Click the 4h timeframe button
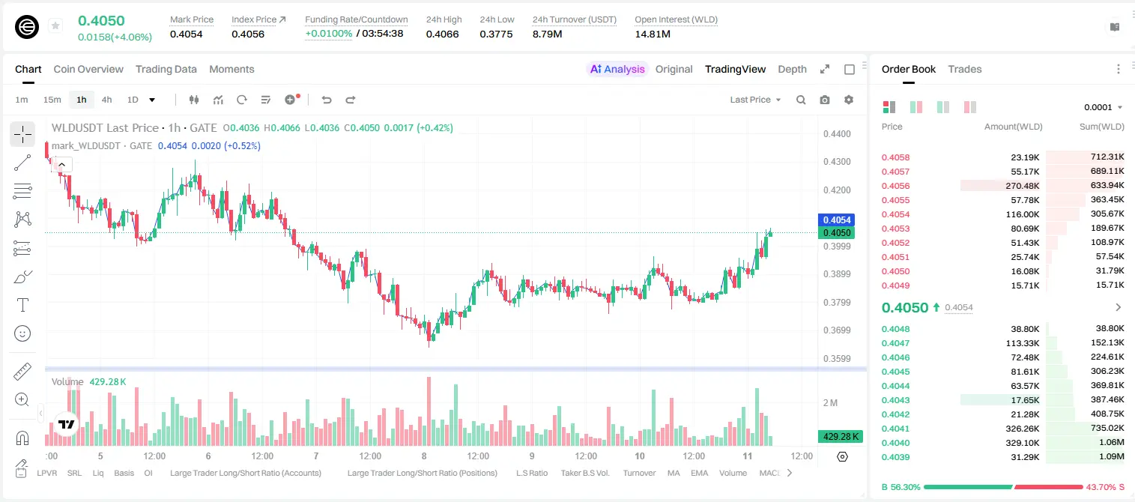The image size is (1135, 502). [106, 100]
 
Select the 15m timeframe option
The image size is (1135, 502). [52, 100]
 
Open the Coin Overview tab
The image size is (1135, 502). [88, 69]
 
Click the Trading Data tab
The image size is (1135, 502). [166, 69]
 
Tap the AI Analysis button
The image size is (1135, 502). [617, 69]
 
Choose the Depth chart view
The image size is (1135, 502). [792, 69]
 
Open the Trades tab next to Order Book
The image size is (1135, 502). [965, 69]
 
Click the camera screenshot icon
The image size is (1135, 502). [825, 100]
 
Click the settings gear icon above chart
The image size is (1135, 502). [849, 100]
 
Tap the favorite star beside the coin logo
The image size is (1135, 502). [55, 25]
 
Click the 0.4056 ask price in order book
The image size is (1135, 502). [895, 186]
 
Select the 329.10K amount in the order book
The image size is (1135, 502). [1022, 443]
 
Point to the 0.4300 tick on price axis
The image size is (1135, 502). [837, 162]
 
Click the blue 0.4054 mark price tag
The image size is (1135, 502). [837, 220]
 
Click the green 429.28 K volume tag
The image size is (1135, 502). [841, 437]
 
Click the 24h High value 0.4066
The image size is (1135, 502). [442, 34]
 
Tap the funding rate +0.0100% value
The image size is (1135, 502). [328, 34]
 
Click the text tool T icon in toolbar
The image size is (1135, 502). [22, 305]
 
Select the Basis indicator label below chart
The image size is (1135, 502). [124, 473]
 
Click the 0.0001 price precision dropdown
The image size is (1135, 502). [1103, 107]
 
